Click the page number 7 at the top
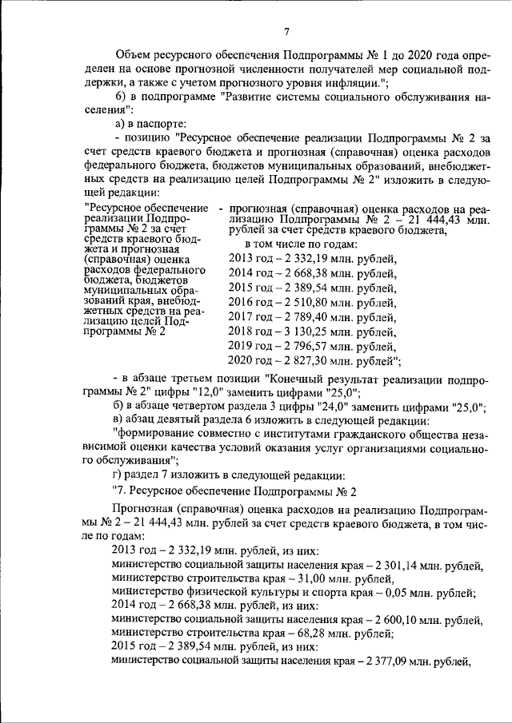[x=286, y=31]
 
